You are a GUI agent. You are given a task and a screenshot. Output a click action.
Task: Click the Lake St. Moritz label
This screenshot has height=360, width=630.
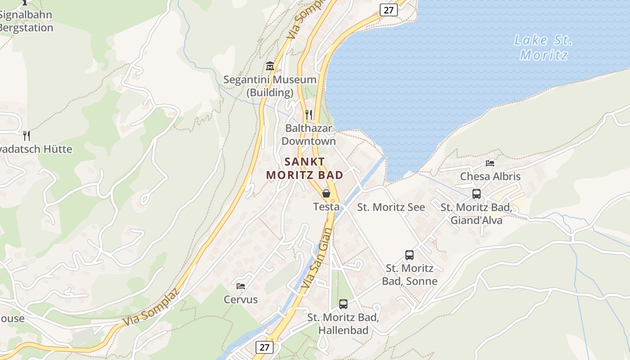click(544, 47)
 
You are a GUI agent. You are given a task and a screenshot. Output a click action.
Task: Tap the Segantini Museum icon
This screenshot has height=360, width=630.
click(270, 66)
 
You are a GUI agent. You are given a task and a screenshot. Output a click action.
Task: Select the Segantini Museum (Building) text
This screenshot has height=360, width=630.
click(270, 86)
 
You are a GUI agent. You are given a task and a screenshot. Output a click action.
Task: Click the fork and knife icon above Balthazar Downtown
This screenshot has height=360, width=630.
click(308, 114)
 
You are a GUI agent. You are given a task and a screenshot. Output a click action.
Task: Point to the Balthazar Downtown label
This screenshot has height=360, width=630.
click(309, 135)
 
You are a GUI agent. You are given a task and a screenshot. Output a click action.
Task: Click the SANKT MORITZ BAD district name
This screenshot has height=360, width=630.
click(305, 168)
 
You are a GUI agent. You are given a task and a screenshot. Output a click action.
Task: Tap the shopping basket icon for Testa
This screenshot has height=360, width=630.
click(326, 193)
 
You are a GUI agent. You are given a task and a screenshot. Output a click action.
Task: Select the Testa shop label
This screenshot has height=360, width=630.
click(326, 207)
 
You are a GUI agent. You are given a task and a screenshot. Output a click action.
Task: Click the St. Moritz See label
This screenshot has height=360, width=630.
click(391, 207)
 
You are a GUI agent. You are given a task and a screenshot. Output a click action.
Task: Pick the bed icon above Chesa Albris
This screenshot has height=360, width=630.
click(490, 163)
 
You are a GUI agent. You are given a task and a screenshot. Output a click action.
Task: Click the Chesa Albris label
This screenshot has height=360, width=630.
click(490, 176)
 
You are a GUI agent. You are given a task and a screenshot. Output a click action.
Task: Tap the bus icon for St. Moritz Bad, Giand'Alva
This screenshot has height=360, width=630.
click(477, 194)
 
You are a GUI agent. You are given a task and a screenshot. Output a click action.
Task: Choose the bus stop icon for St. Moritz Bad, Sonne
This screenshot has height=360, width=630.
click(409, 255)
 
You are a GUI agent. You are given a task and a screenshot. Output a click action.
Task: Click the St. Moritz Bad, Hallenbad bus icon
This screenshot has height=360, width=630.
click(343, 304)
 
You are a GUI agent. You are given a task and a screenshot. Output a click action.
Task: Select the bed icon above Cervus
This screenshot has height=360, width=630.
click(241, 286)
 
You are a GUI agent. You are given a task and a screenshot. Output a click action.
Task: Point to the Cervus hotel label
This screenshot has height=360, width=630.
click(241, 300)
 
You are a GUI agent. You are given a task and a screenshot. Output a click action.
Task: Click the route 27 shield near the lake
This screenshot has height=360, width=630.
click(389, 9)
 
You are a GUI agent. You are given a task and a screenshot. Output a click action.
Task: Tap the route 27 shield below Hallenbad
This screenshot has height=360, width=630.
click(264, 347)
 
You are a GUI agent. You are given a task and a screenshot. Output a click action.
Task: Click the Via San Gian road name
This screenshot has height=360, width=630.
click(317, 258)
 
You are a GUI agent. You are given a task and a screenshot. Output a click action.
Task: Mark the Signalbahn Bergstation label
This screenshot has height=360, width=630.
click(26, 21)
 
